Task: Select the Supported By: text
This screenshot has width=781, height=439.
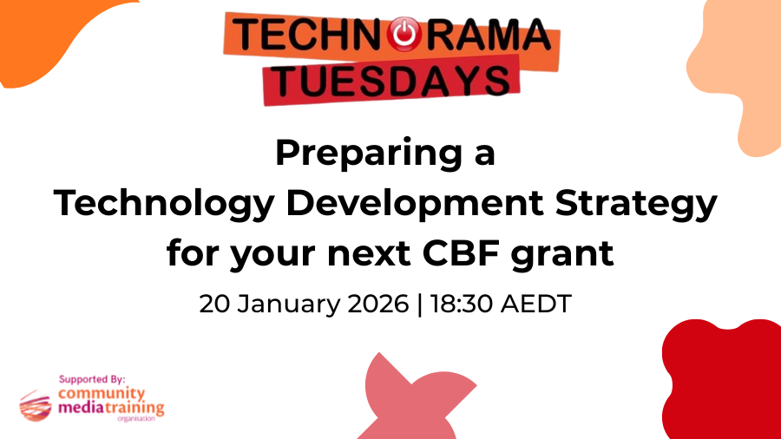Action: click(x=92, y=379)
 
